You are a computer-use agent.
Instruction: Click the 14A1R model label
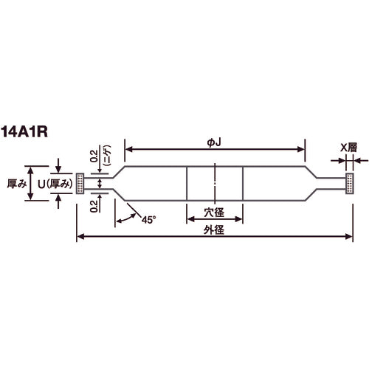click(x=24, y=132)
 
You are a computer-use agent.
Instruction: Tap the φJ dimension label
click(x=214, y=142)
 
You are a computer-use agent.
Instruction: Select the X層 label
click(x=348, y=148)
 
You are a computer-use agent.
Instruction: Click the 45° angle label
click(x=148, y=220)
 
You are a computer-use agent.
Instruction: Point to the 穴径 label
click(x=214, y=213)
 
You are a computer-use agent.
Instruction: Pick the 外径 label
click(x=214, y=230)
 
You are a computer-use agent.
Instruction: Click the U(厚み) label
click(x=55, y=184)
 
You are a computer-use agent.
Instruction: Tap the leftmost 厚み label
click(x=17, y=184)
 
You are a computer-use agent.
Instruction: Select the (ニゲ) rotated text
click(x=108, y=155)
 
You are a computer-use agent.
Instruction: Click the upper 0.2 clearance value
click(x=94, y=156)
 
